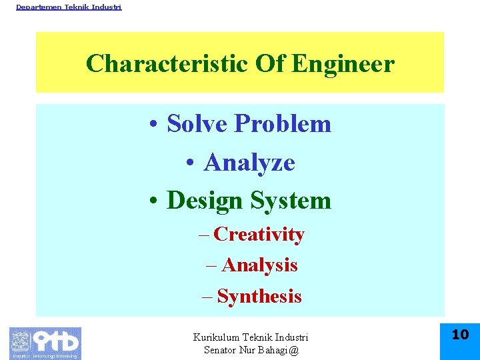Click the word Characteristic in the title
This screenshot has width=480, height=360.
pos(167,64)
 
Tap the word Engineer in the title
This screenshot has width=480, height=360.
pos(343,64)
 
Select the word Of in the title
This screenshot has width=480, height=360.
pos(269,64)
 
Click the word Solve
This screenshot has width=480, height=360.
pos(197,123)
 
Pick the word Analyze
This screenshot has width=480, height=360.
pos(249,162)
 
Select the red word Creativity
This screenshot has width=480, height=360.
pos(259,235)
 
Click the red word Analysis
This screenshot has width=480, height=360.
pos(259,265)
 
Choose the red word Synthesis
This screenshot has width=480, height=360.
pos(259,296)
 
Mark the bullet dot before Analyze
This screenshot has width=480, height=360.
pos(191,163)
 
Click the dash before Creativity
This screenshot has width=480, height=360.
pos(203,235)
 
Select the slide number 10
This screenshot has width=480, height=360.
pos(460,335)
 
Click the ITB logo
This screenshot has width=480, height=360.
pos(45,343)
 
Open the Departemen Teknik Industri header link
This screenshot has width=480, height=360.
pos(69,7)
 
